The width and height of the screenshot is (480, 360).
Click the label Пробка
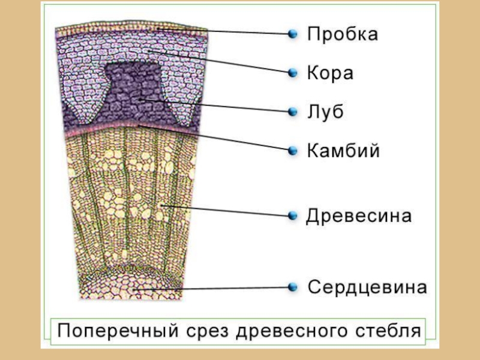tap(343, 34)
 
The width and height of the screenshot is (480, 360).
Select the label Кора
tap(330, 73)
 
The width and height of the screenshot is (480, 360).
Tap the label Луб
tap(325, 112)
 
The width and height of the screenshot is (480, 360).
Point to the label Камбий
tap(343, 150)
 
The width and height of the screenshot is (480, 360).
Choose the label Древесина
tap(359, 216)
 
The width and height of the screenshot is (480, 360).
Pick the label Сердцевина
tap(367, 287)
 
